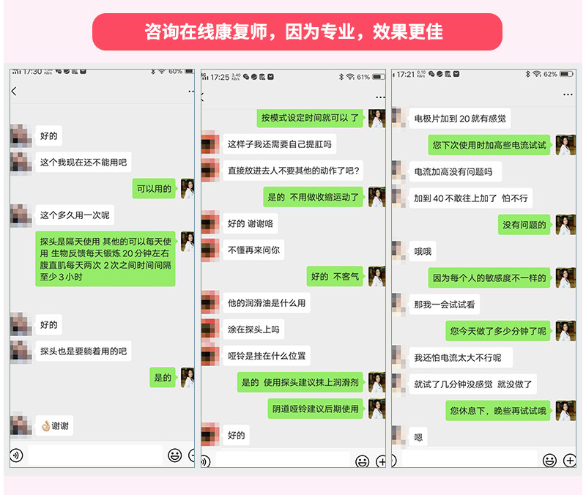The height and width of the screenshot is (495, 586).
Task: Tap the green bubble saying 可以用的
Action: [x=154, y=189]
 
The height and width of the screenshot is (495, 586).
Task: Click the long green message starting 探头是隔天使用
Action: [x=105, y=258]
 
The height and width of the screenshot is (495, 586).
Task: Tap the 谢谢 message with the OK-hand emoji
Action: [x=55, y=426]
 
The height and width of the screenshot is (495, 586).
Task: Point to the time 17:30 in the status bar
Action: [x=31, y=72]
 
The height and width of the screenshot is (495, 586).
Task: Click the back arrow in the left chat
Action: [x=14, y=91]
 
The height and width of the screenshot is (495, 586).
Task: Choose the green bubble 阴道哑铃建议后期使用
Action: [x=316, y=409]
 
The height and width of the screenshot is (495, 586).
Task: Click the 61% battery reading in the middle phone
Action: [x=363, y=77]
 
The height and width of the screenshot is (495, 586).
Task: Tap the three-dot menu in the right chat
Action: [x=568, y=94]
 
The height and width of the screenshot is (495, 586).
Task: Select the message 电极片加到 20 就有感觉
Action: [x=459, y=118]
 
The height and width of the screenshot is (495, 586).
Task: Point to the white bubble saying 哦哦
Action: [x=423, y=251]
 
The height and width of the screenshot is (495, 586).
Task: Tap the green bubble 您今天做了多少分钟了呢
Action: [x=498, y=330]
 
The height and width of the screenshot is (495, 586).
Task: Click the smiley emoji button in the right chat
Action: [x=549, y=460]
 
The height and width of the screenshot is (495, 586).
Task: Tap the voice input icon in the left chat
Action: [x=16, y=455]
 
